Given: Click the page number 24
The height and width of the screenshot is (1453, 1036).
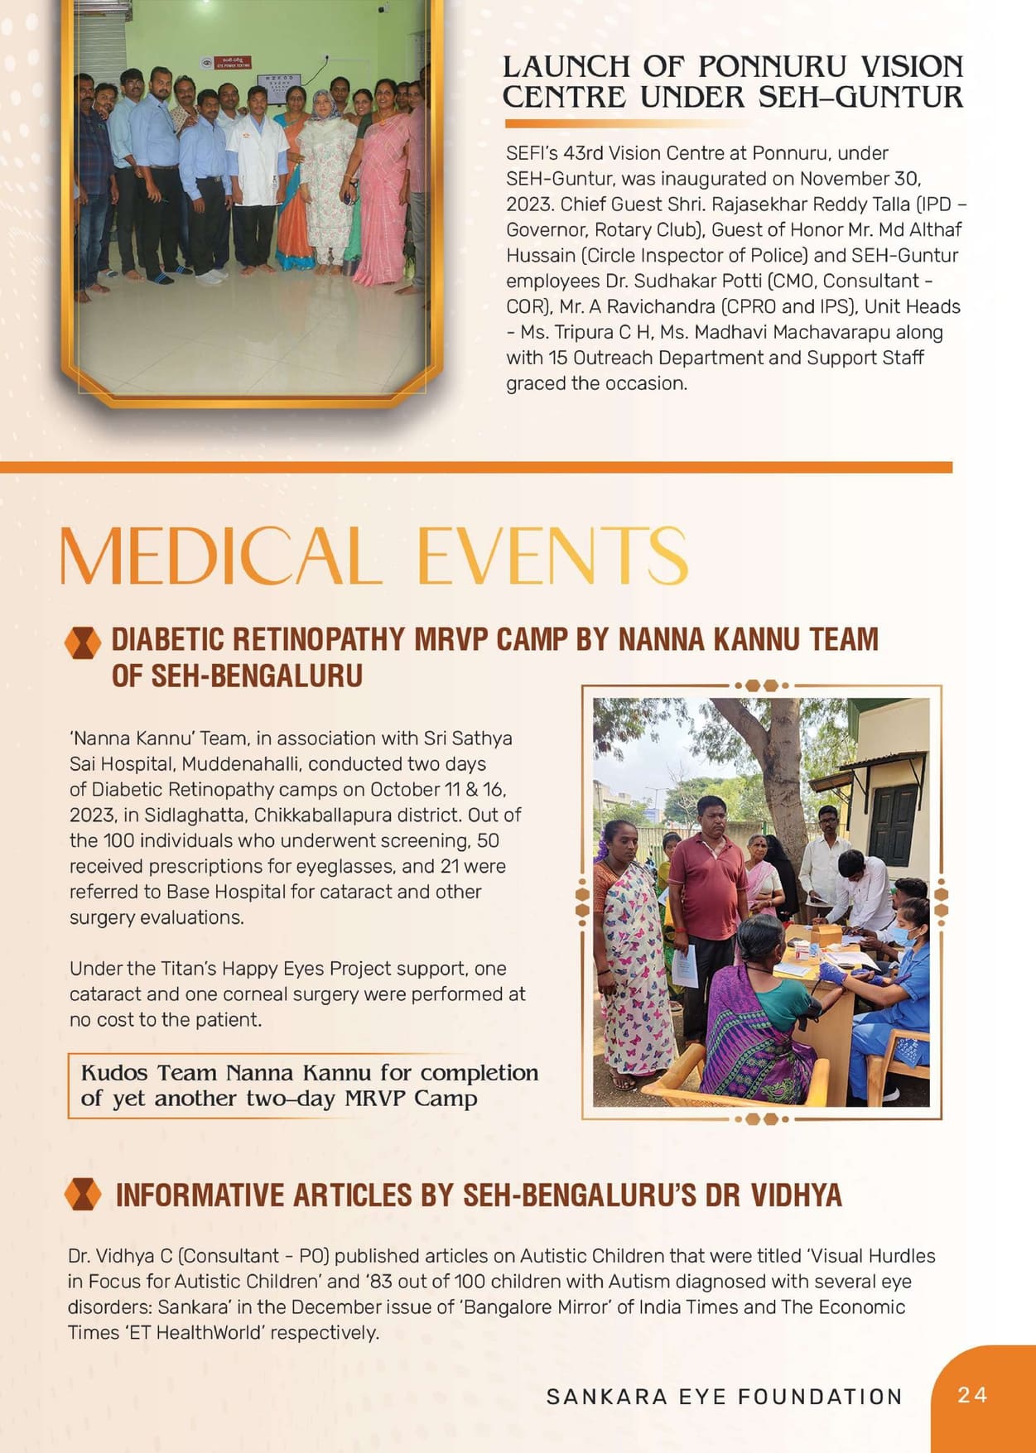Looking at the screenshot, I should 972,1395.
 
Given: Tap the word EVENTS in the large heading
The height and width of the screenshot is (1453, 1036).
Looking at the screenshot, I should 552,555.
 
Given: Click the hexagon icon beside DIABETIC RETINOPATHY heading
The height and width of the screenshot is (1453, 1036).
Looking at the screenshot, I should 82,642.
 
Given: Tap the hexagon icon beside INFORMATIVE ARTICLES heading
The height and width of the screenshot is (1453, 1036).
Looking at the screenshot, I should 82,1195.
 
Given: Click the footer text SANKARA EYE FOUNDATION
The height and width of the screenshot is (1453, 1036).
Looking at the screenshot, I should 724,1397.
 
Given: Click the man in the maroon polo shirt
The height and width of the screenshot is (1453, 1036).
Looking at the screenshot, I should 708,886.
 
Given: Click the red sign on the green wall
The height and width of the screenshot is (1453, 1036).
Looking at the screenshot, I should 232,63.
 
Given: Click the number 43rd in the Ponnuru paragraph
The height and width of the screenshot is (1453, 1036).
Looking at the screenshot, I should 584,153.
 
